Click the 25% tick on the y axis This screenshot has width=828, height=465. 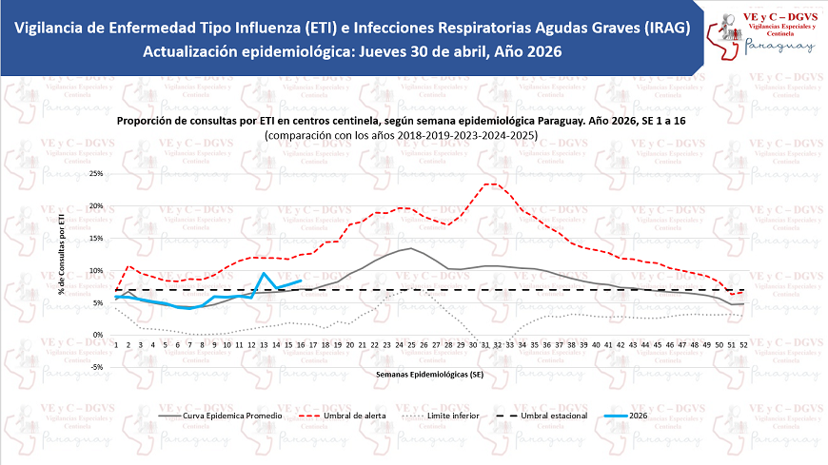[94, 174]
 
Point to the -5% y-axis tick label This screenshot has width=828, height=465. [95, 366]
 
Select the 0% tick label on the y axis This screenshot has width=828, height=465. [97, 335]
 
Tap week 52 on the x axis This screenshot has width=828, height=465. [741, 344]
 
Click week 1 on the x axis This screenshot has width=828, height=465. [116, 344]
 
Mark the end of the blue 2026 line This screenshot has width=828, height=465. [301, 281]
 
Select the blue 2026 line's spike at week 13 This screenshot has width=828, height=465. [264, 274]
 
